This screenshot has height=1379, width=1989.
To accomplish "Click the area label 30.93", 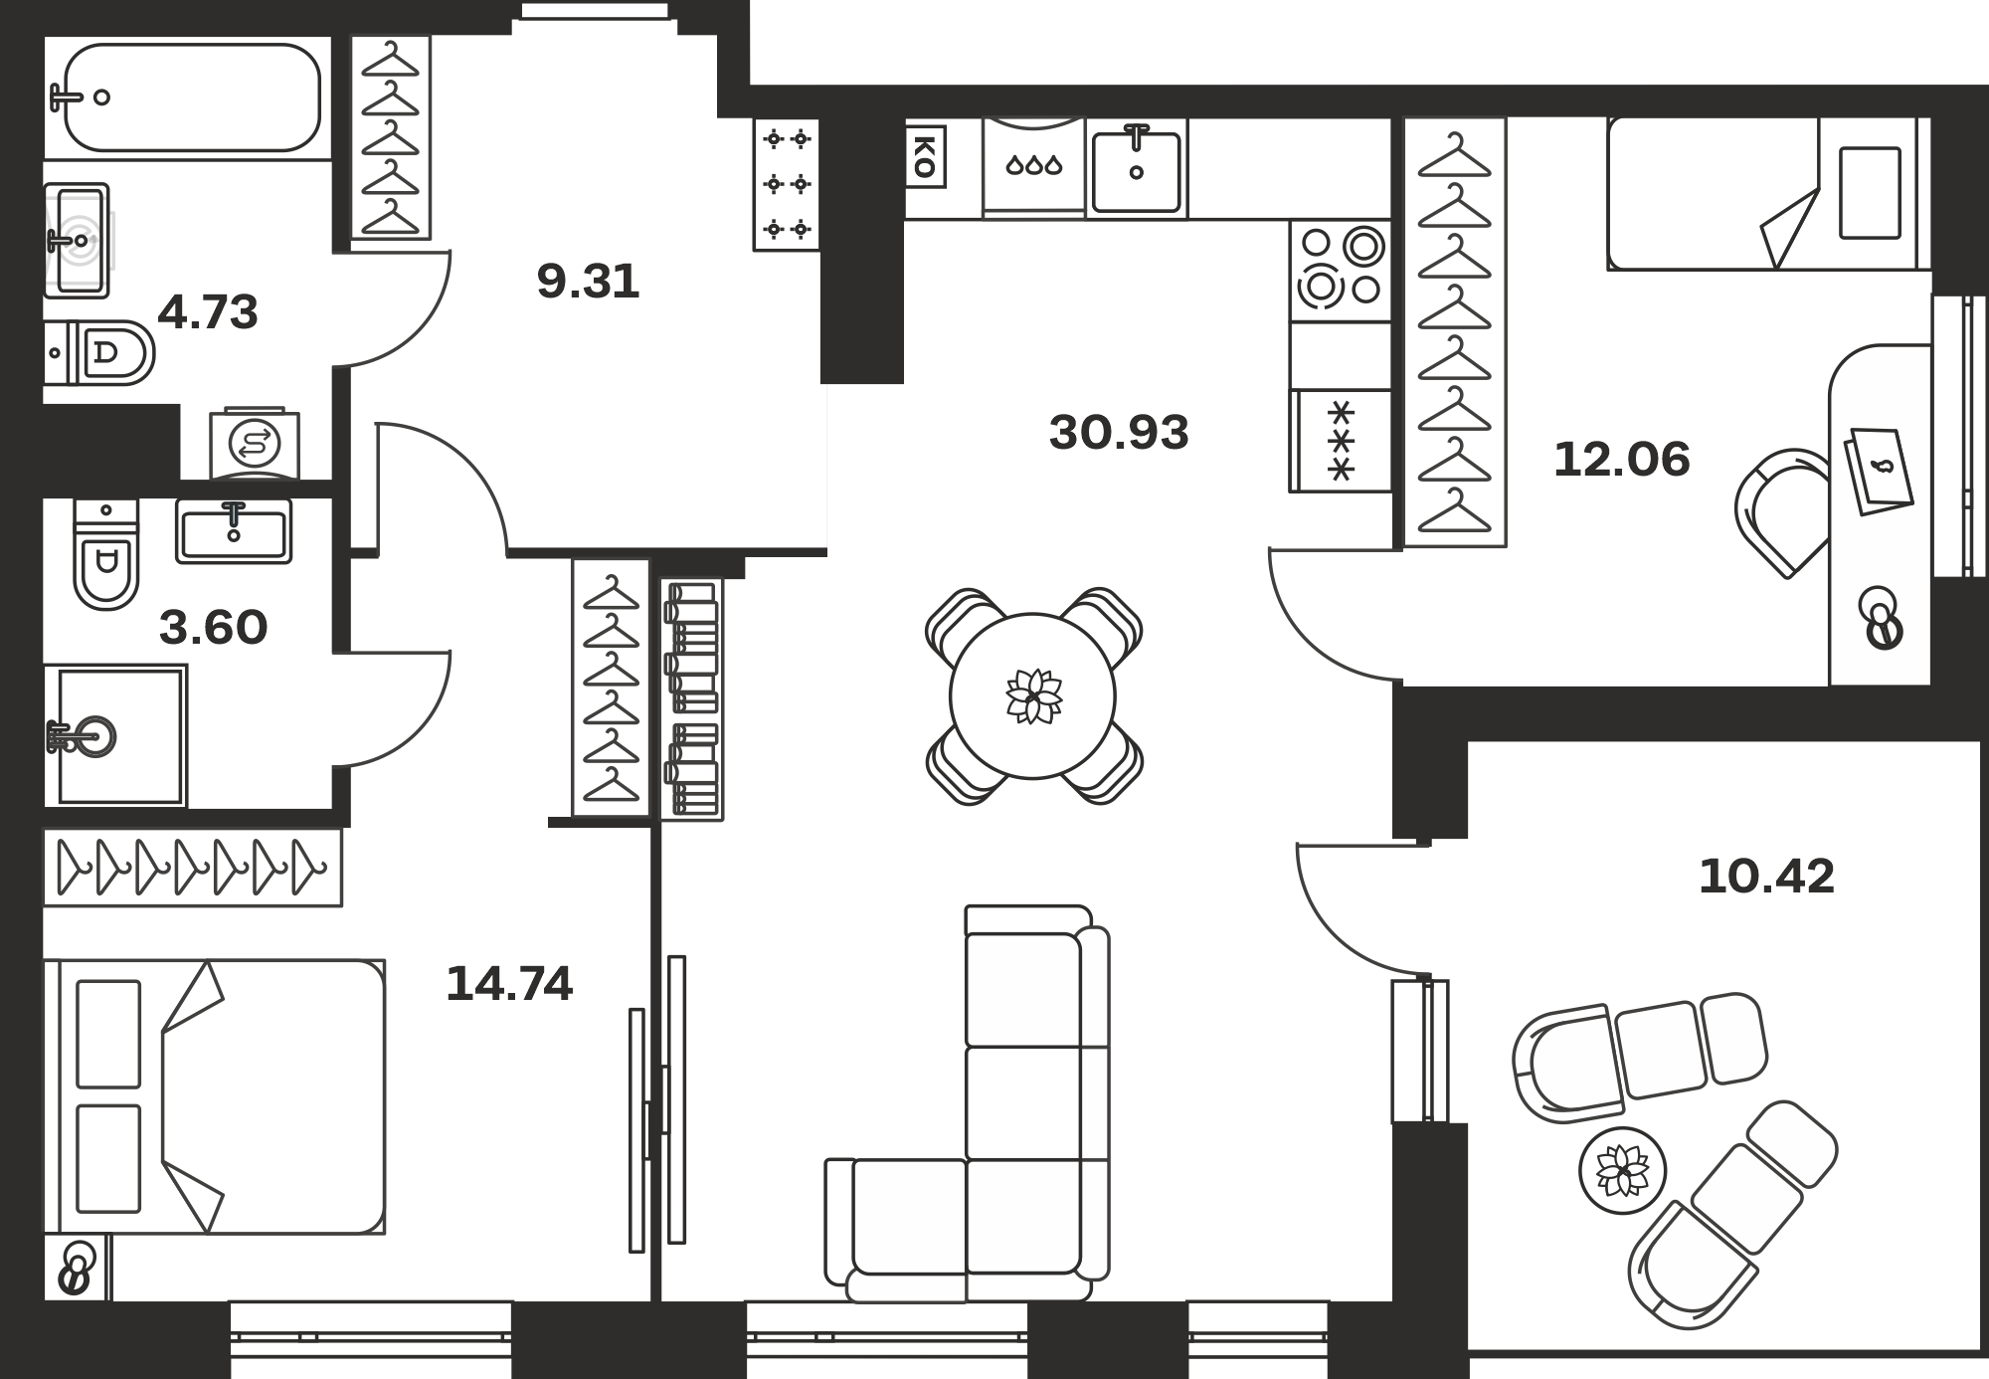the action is click(x=1119, y=433).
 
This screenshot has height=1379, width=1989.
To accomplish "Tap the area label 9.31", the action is click(x=588, y=282).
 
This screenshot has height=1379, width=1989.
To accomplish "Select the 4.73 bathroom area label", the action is click(x=208, y=312).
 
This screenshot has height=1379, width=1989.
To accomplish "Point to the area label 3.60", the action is click(x=214, y=628).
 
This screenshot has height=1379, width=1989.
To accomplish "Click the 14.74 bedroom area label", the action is click(x=509, y=984).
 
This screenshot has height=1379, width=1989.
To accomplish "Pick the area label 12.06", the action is click(x=1622, y=460).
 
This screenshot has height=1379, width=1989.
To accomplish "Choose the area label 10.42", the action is click(x=1767, y=877).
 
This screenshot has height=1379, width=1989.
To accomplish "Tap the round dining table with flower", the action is click(x=1032, y=695).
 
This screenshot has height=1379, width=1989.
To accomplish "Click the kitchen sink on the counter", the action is click(x=1136, y=169).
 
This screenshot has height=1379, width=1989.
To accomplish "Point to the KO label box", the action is click(x=924, y=156).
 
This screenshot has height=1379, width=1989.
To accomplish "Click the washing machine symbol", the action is click(x=255, y=443).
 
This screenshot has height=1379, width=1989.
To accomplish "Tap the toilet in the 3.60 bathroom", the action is click(x=106, y=553).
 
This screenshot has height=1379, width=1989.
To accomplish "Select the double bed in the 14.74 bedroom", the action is click(x=214, y=1096).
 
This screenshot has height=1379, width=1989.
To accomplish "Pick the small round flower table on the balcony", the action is click(x=1622, y=1170).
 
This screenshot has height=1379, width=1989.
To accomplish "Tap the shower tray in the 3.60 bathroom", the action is click(x=115, y=735).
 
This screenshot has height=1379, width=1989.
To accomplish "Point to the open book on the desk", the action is click(x=1879, y=472).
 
